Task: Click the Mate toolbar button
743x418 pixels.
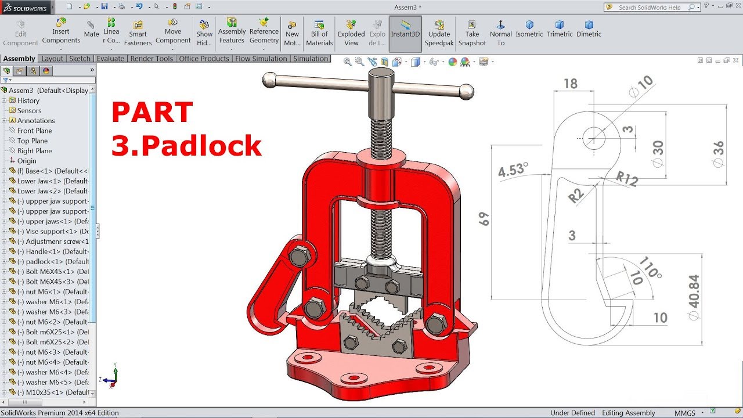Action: tap(91, 28)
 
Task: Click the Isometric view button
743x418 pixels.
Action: tap(529, 28)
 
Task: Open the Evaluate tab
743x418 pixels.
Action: tap(110, 59)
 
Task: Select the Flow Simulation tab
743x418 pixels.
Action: tap(261, 59)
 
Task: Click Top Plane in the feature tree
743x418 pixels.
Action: tap(33, 140)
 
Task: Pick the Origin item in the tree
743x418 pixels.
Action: tap(27, 161)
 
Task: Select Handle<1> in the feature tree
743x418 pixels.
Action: tap(53, 251)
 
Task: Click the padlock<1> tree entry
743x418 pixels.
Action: tap(53, 261)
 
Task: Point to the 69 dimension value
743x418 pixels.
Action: tap(484, 219)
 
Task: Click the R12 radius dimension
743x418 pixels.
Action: tap(627, 179)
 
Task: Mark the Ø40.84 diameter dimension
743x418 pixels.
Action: tap(693, 299)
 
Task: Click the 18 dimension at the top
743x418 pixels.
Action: tap(571, 84)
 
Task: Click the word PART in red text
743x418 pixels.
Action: tap(152, 113)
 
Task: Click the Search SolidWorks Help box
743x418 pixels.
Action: tap(650, 8)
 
